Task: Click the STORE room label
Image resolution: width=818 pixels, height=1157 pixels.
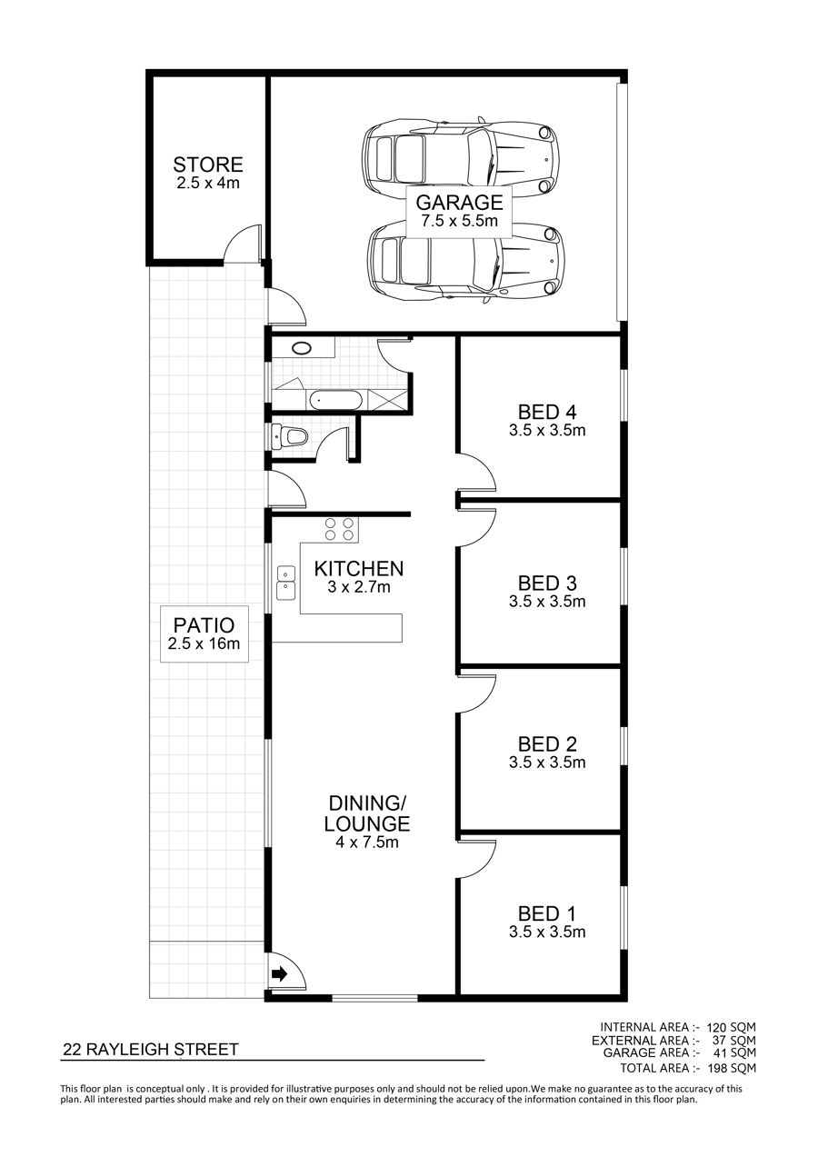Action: pos(207,165)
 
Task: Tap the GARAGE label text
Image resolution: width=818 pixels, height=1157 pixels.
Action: pos(459,202)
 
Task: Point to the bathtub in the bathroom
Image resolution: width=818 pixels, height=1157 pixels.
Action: pos(335,400)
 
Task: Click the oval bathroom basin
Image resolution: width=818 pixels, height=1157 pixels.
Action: pos(302,348)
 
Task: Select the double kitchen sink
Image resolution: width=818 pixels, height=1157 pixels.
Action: pos(285,583)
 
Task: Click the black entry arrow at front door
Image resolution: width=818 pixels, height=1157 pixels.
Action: pos(279,974)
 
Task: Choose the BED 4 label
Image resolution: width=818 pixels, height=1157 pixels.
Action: pos(547,413)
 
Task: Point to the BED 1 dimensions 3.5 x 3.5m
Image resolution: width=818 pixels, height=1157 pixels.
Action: pos(547,932)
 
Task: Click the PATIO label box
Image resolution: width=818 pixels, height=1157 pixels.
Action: pos(204,633)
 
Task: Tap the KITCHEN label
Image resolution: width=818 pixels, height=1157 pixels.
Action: pos(358,569)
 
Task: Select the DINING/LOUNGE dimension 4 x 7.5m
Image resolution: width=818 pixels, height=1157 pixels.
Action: pos(366,842)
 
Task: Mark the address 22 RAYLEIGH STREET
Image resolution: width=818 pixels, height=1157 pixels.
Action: pos(151,1050)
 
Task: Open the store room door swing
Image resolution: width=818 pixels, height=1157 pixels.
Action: pos(244,244)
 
